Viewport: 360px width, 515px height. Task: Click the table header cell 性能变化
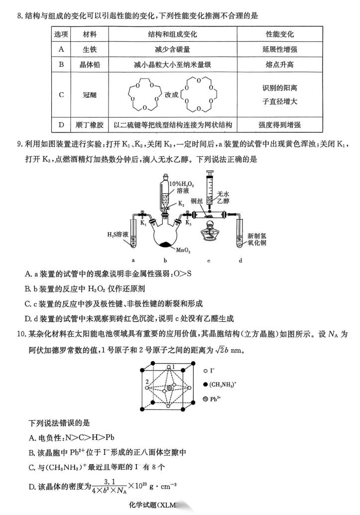[280, 34]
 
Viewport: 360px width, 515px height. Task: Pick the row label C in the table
[61, 95]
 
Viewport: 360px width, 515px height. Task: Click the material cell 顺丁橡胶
[90, 125]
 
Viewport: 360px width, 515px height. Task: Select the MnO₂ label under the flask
[184, 251]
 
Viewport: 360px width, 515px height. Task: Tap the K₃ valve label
[188, 223]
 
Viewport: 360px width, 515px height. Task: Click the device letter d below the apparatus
[240, 260]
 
